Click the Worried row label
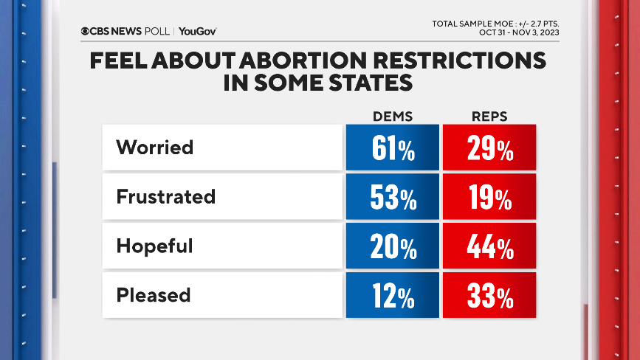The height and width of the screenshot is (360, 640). click(x=154, y=148)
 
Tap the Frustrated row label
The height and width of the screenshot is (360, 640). click(x=165, y=197)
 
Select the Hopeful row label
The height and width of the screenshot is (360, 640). click(x=154, y=246)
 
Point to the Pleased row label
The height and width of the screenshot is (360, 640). click(x=154, y=295)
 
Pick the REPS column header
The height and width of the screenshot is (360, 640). click(x=489, y=117)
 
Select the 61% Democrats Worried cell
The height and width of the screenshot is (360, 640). click(x=392, y=148)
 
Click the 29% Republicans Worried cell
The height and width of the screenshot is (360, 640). click(x=489, y=148)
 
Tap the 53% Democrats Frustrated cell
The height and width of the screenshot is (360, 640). click(x=392, y=198)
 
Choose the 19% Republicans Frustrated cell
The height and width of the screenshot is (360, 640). click(x=489, y=198)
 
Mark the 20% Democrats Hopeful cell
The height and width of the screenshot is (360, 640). click(x=392, y=247)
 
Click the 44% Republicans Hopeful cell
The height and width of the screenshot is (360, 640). click(x=489, y=247)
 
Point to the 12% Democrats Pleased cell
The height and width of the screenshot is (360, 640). click(x=392, y=296)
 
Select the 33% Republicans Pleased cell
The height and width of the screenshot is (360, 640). click(x=489, y=296)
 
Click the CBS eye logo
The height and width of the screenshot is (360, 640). click(x=86, y=31)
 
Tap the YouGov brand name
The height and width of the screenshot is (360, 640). click(x=197, y=31)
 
